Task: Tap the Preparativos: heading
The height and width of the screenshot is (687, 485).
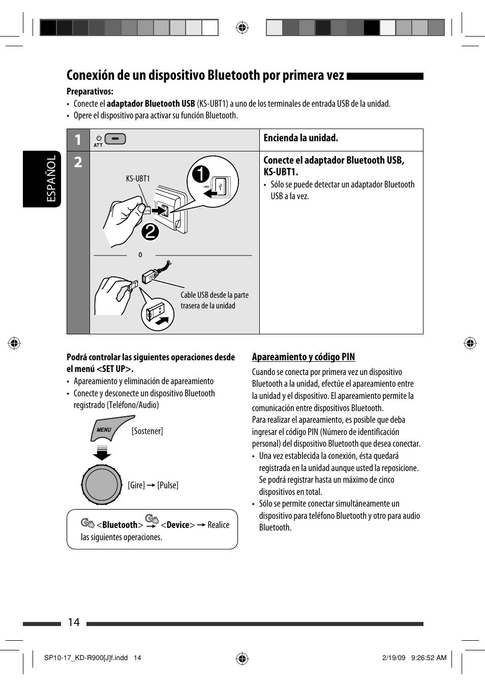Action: pyautogui.click(x=90, y=91)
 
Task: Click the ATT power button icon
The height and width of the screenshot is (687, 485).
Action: pyautogui.click(x=115, y=139)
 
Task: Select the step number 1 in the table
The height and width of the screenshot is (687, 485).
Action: pyautogui.click(x=78, y=140)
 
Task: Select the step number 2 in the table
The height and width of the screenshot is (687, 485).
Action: pyautogui.click(x=78, y=162)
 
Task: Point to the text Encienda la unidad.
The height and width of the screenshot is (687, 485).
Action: pyautogui.click(x=300, y=138)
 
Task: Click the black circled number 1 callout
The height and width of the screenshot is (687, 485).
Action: pyautogui.click(x=200, y=174)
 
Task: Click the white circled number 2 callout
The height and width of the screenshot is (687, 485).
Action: pyautogui.click(x=150, y=232)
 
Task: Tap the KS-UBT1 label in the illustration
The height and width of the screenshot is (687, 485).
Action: pyautogui.click(x=138, y=179)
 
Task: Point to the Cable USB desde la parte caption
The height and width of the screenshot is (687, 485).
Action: pyautogui.click(x=215, y=295)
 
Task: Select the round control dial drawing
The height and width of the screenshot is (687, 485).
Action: pyautogui.click(x=102, y=485)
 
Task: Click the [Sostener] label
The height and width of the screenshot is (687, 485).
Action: pyautogui.click(x=147, y=431)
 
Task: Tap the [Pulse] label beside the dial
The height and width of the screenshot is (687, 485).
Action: pyautogui.click(x=168, y=485)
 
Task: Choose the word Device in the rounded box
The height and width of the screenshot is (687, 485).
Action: pyautogui.click(x=178, y=525)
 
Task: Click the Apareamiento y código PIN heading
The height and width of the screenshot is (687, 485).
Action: pyautogui.click(x=304, y=357)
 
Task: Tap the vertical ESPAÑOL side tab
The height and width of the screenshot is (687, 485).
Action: pyautogui.click(x=51, y=179)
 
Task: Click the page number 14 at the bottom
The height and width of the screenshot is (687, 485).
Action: pyautogui.click(x=74, y=622)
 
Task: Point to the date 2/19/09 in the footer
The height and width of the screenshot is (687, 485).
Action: pyautogui.click(x=394, y=658)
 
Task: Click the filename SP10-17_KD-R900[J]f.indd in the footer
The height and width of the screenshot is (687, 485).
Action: pyautogui.click(x=86, y=658)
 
